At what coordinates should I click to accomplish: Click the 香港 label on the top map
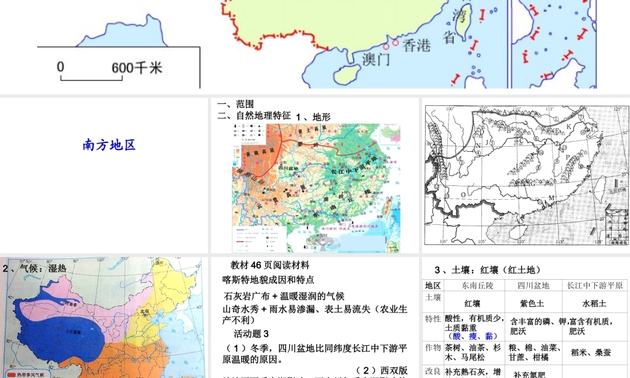416,45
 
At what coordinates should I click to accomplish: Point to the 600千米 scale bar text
137,67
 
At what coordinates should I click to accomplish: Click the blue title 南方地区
109,145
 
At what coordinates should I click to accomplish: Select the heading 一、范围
235,104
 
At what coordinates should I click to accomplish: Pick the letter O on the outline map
463,195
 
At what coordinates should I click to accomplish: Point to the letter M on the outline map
551,198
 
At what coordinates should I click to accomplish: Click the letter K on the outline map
569,125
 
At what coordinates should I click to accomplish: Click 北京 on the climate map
146,310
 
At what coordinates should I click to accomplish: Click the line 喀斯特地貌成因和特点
268,279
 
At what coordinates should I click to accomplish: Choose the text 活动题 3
251,333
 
